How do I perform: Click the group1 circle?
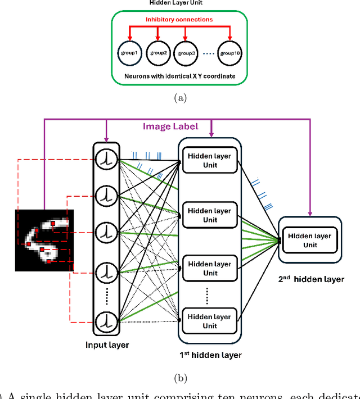pyautogui.click(x=129, y=53)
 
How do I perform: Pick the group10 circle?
pyautogui.click(x=231, y=53)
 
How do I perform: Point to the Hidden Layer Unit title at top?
pyautogui.click(x=179, y=3)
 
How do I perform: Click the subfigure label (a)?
pyautogui.click(x=179, y=97)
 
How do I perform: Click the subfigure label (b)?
pyautogui.click(x=179, y=378)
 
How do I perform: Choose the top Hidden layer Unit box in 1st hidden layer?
pyautogui.click(x=210, y=160)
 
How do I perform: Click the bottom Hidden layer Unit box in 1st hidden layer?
pyautogui.click(x=210, y=321)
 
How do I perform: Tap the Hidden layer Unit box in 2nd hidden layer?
pyautogui.click(x=310, y=241)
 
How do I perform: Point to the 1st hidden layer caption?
pyautogui.click(x=210, y=355)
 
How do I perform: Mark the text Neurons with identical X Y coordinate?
pyautogui.click(x=179, y=75)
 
